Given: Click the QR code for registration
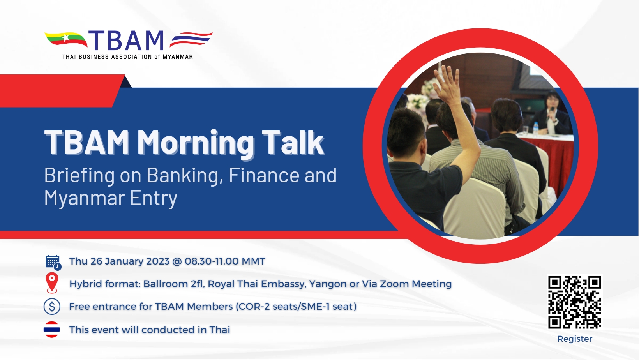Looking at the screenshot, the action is [575, 302].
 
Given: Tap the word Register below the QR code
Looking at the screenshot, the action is [575, 339].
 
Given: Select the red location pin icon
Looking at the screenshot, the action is [52, 283].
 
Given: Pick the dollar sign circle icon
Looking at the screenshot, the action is [52, 306].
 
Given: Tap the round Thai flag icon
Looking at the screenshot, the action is [52, 330].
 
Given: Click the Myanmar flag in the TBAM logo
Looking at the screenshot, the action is [66, 39].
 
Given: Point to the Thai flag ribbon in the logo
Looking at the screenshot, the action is [191, 39].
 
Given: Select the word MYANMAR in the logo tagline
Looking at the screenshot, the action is [178, 57].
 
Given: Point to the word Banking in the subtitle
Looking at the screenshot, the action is [185, 175].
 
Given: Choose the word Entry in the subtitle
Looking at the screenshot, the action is [154, 198].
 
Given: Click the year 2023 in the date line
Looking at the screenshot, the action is [158, 261].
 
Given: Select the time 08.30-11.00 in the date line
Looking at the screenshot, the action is [212, 261].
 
